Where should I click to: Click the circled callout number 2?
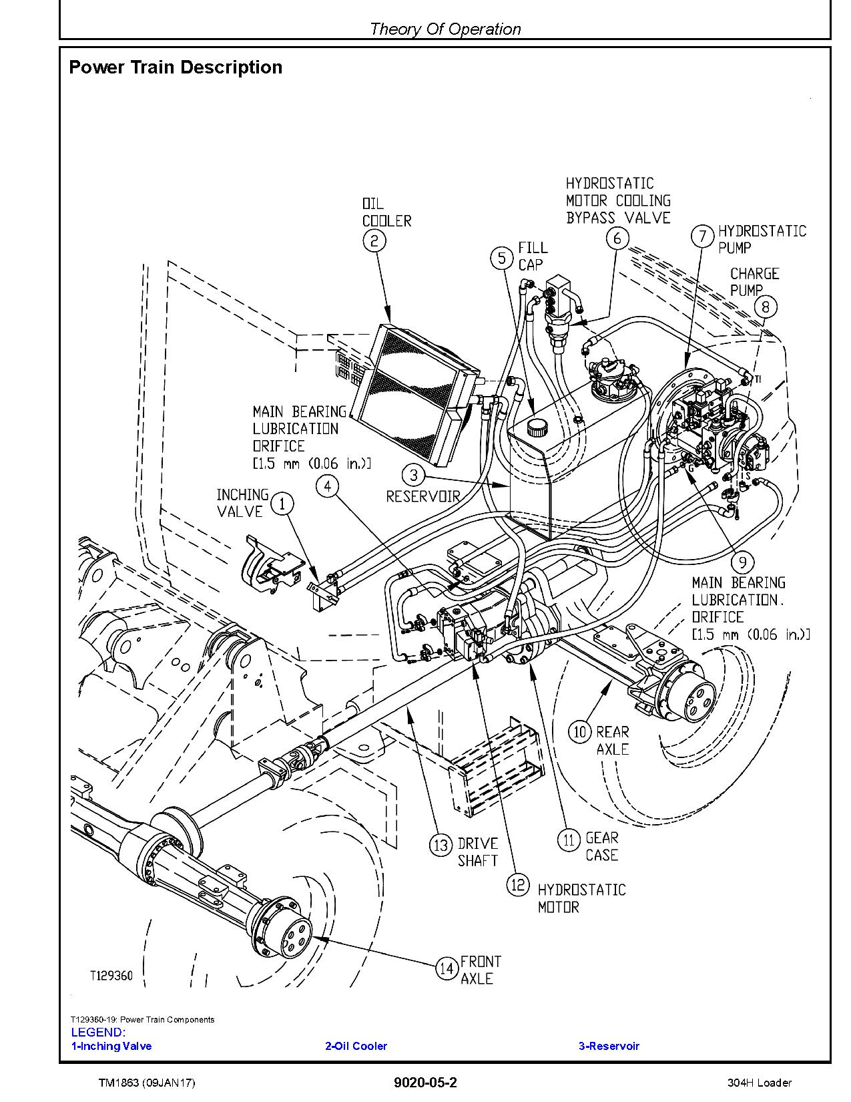pyautogui.click(x=374, y=240)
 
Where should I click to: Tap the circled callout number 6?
pyautogui.click(x=617, y=238)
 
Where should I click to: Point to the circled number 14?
pyautogui.click(x=447, y=968)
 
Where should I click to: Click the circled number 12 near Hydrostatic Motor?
pyautogui.click(x=517, y=886)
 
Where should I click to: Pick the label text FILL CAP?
pyautogui.click(x=533, y=256)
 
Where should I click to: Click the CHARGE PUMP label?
pyautogui.click(x=754, y=282)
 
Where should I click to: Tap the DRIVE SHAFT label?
pyautogui.click(x=478, y=852)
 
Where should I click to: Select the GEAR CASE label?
pyautogui.click(x=601, y=846)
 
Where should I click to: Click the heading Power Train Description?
pyautogui.click(x=176, y=67)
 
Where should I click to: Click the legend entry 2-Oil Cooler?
pyautogui.click(x=356, y=1046)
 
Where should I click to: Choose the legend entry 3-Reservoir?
pyautogui.click(x=608, y=1046)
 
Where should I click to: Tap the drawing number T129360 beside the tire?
pyautogui.click(x=111, y=976)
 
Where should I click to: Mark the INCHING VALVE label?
pyautogui.click(x=242, y=503)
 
